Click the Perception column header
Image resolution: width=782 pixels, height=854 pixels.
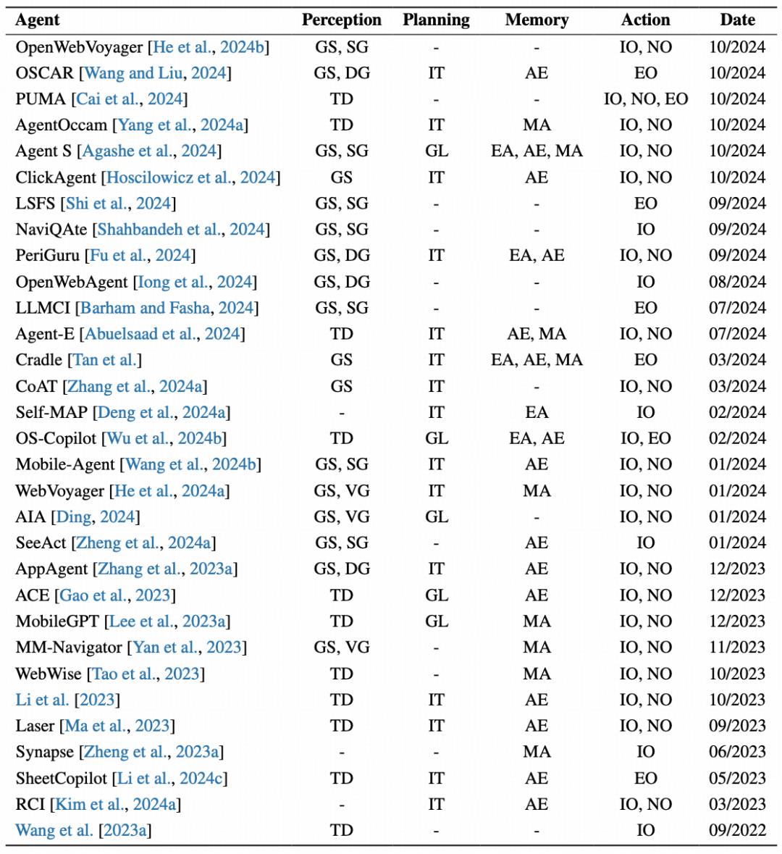[341, 20]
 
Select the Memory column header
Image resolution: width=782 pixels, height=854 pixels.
[537, 20]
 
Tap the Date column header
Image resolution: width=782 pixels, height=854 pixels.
[737, 20]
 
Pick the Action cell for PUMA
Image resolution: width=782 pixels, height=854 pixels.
[645, 99]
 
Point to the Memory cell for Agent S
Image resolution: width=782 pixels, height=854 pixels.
[537, 151]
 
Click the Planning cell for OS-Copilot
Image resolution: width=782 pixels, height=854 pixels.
[436, 439]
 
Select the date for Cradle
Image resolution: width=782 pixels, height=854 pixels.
[737, 360]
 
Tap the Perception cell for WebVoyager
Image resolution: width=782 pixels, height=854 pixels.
[341, 491]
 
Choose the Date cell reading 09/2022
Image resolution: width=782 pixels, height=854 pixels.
[737, 831]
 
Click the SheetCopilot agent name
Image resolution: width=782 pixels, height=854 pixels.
[62, 779]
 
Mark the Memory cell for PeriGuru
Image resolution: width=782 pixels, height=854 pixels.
[537, 256]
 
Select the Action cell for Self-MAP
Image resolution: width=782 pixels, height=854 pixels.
[645, 413]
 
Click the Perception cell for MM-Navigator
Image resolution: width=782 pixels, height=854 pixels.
[341, 648]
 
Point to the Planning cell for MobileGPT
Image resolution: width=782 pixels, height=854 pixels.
[436, 621]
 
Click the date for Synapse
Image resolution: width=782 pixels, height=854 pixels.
[737, 753]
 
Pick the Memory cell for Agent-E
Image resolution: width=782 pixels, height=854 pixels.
[537, 334]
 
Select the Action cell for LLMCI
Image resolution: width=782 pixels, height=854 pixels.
[645, 308]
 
